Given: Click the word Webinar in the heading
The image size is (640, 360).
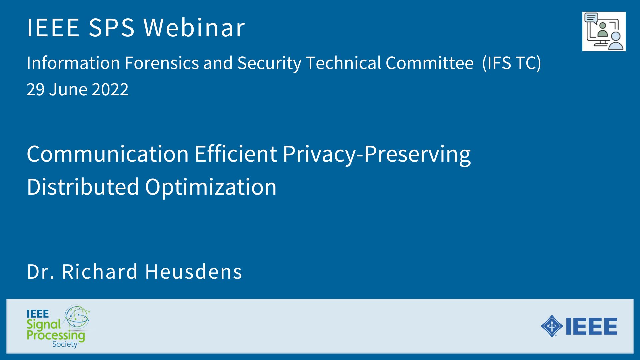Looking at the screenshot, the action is pyautogui.click(x=194, y=27).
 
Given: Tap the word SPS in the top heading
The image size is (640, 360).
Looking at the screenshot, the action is pyautogui.click(x=112, y=27).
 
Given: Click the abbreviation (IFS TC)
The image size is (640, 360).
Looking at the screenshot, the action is pyautogui.click(x=512, y=63).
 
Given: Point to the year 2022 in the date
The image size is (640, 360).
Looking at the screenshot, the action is pyautogui.click(x=110, y=89).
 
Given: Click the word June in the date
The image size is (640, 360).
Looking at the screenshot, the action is pyautogui.click(x=68, y=89).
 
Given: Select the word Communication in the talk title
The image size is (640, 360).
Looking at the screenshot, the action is pyautogui.click(x=108, y=154).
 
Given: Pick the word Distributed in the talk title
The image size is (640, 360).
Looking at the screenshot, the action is pyautogui.click(x=83, y=186).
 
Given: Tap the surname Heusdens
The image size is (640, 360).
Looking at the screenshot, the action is pyautogui.click(x=194, y=271).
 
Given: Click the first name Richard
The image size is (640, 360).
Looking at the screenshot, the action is pyautogui.click(x=100, y=271).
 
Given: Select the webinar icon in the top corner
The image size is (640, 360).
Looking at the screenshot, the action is pyautogui.click(x=604, y=31).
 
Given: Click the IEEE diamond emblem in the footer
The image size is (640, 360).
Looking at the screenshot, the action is pyautogui.click(x=552, y=326).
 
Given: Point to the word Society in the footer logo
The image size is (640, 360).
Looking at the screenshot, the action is pyautogui.click(x=65, y=344).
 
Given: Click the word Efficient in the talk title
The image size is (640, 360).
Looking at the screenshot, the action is pyautogui.click(x=236, y=154).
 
